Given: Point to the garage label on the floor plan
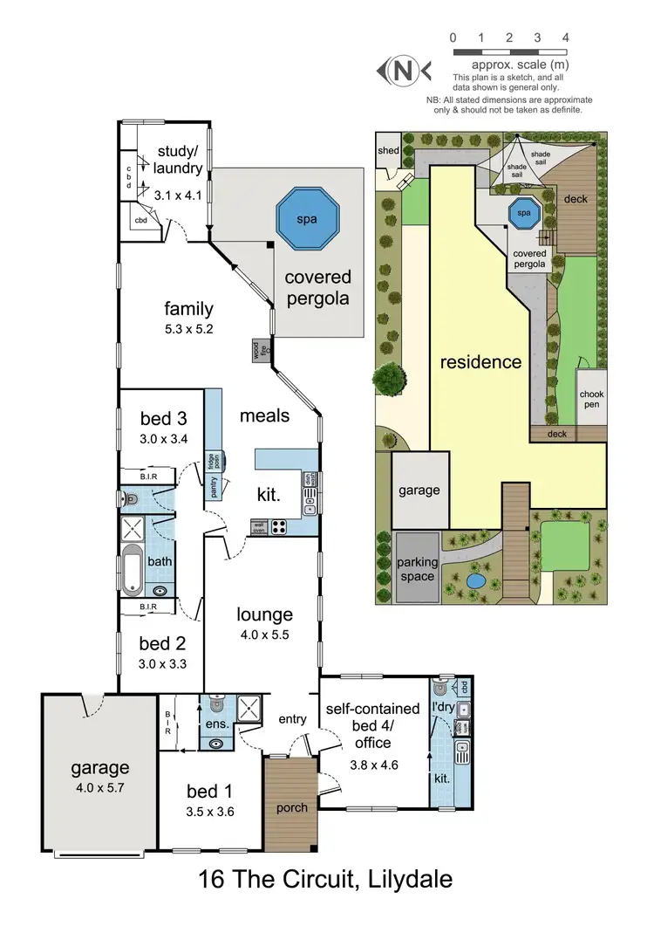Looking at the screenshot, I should tap(100, 768).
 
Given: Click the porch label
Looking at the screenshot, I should tap(291, 807).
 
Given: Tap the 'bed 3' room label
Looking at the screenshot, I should tap(163, 417).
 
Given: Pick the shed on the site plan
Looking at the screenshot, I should tap(388, 151).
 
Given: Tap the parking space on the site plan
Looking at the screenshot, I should tap(416, 568).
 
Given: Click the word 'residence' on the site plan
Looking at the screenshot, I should tap(480, 361).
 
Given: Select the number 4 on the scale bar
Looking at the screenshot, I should tap(566, 38).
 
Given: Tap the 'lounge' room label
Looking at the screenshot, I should tap(264, 614).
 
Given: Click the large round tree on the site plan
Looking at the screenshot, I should tap(389, 380).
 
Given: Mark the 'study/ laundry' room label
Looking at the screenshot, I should tap(179, 161).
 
